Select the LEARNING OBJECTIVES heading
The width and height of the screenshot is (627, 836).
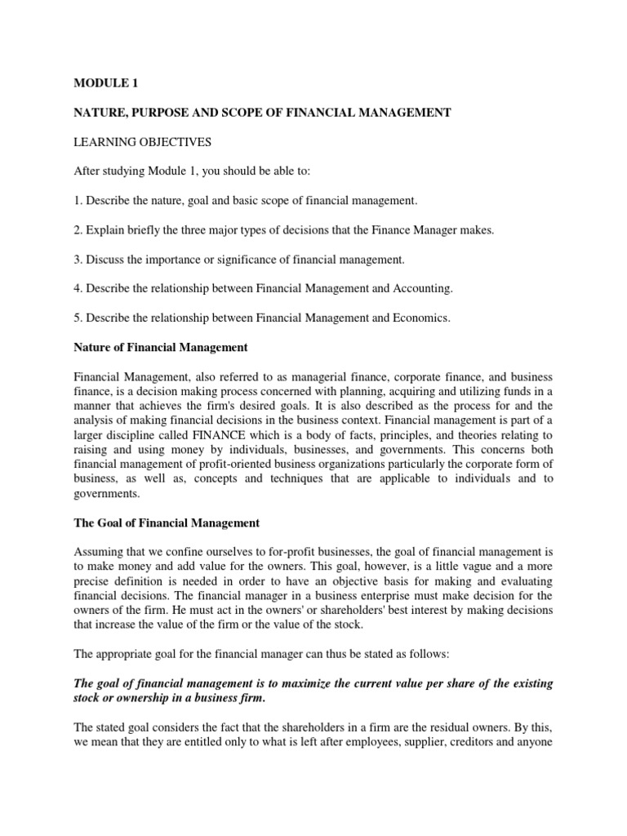(x=142, y=142)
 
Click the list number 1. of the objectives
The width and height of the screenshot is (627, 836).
(x=78, y=201)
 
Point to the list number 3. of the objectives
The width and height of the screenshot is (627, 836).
(x=78, y=260)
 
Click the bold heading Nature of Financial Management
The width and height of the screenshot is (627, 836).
(x=160, y=348)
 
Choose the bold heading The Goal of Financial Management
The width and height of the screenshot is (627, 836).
(x=167, y=522)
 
